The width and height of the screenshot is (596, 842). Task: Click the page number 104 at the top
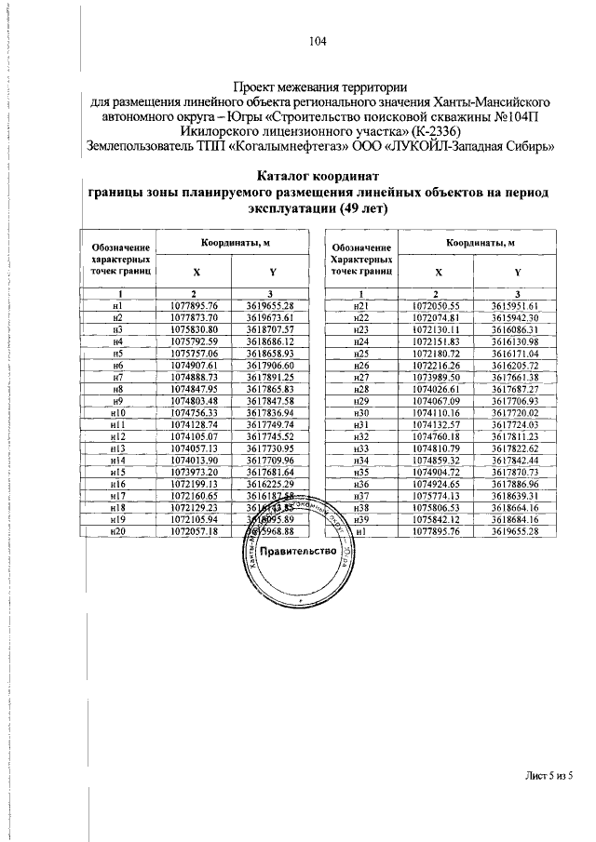coord(316,41)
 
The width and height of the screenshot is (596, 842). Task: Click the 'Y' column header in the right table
coord(516,274)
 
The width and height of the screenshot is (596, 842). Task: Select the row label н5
coord(117,354)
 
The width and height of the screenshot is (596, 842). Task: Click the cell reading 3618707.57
coord(271,330)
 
